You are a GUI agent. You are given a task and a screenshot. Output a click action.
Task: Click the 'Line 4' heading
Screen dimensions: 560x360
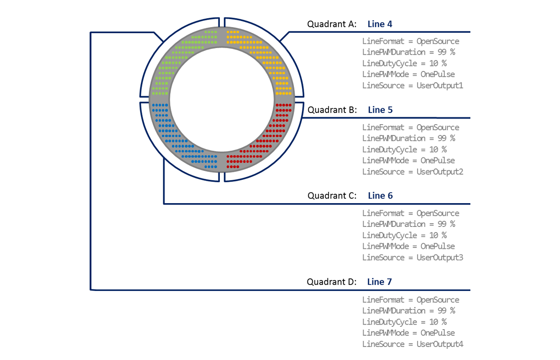[380, 24]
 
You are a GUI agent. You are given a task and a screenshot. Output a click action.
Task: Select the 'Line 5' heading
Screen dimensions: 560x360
[380, 110]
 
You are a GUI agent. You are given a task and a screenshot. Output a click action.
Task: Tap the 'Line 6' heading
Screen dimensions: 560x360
[380, 196]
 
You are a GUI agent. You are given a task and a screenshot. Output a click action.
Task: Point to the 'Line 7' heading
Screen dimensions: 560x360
[379, 282]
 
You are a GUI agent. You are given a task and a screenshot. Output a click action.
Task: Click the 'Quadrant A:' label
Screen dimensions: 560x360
[332, 24]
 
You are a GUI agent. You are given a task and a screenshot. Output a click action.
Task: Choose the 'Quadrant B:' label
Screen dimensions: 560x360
[332, 110]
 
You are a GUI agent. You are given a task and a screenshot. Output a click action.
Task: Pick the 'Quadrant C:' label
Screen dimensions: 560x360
[332, 196]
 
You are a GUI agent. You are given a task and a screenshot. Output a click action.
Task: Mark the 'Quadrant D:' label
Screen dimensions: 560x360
[331, 282]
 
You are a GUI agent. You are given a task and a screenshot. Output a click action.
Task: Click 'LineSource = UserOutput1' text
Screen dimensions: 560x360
[413, 85]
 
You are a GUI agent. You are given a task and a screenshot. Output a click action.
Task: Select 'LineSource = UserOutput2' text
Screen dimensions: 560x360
[413, 172]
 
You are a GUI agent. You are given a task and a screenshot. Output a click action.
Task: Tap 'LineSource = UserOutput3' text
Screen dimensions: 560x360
[413, 258]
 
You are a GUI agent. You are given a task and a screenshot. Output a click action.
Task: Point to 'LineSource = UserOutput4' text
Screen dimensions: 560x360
[413, 344]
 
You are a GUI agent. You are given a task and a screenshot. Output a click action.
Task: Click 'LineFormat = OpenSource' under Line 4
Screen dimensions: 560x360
[411, 41]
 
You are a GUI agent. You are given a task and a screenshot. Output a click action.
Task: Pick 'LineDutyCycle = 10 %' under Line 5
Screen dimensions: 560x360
[405, 149]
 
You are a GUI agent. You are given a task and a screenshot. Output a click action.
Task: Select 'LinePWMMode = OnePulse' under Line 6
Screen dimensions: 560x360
[408, 247]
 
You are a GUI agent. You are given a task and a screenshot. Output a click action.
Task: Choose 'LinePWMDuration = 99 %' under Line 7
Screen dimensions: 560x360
[409, 311]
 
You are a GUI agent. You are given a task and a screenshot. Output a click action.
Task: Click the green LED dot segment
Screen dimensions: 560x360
[173, 63]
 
